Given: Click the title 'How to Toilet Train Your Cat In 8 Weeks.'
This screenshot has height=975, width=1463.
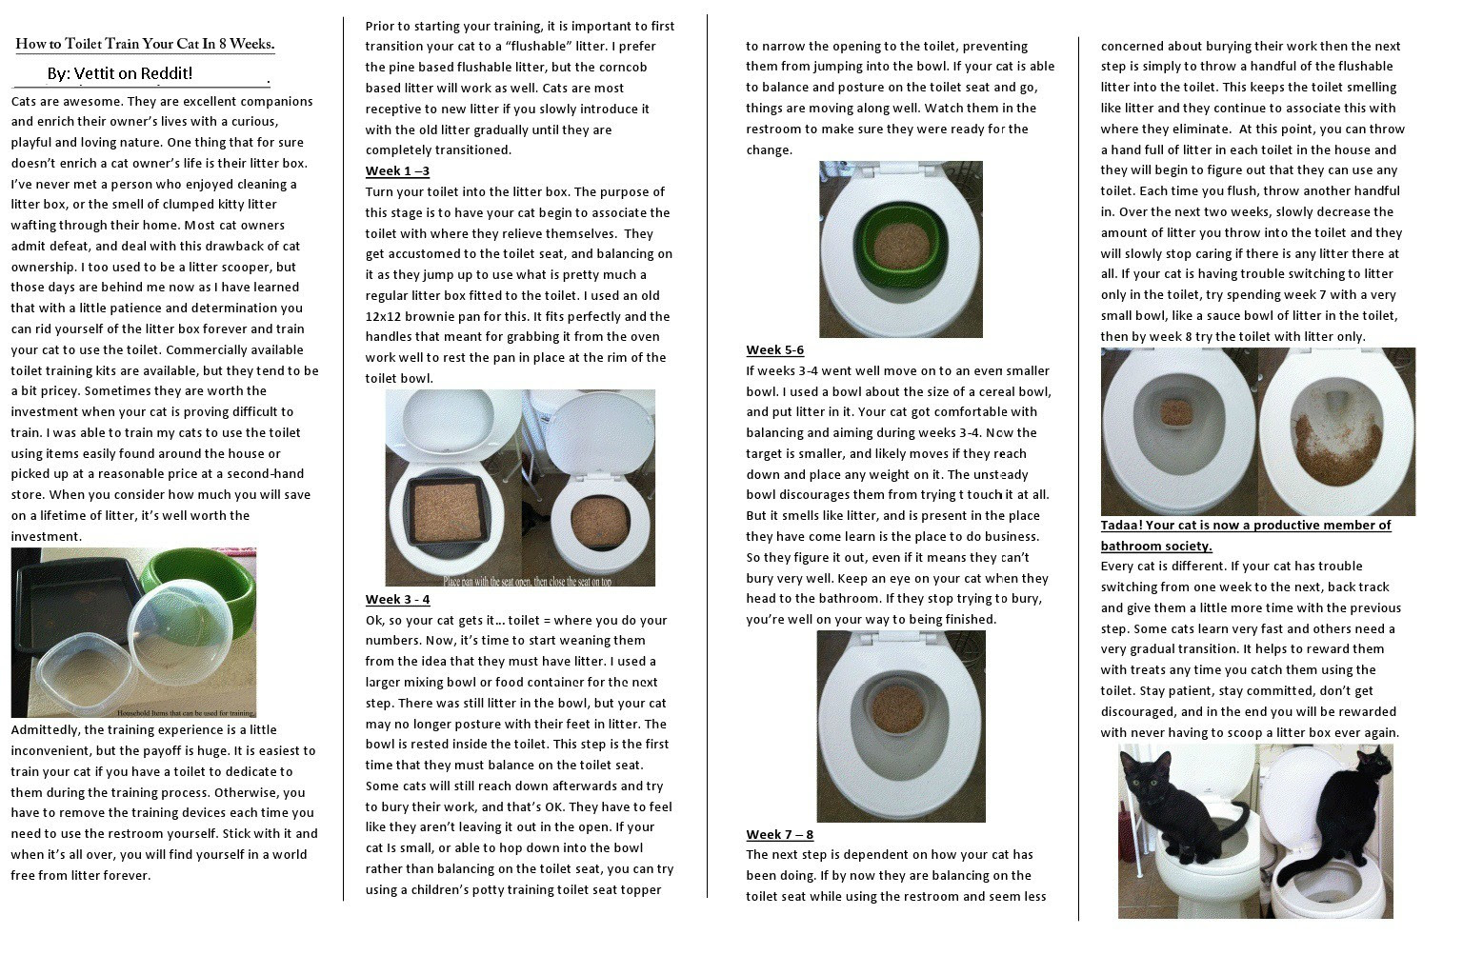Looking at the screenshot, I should [145, 44].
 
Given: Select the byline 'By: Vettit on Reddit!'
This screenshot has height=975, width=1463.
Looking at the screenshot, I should [120, 73].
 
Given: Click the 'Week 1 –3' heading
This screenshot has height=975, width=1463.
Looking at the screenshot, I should [397, 170].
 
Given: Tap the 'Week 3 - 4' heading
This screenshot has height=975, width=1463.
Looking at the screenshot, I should [397, 599].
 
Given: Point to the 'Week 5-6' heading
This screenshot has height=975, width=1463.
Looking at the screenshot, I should [774, 349].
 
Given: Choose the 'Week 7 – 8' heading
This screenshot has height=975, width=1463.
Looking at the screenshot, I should [779, 834].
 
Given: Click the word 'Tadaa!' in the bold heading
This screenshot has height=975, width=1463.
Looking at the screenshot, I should [1121, 525].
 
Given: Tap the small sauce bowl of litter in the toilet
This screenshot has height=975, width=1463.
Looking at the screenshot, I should [1178, 411].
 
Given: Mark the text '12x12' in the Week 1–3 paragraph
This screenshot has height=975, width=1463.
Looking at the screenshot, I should [386, 316].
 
